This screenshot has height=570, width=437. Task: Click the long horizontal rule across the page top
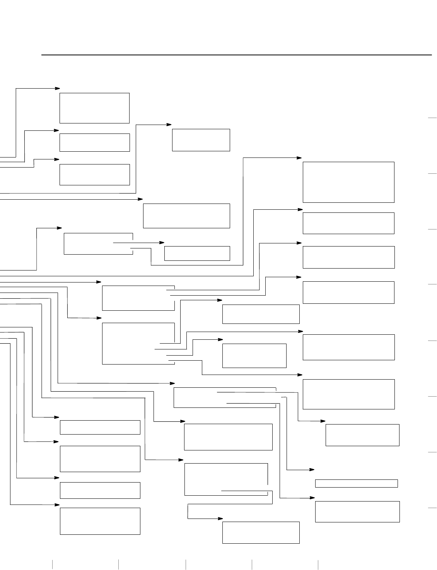(236, 55)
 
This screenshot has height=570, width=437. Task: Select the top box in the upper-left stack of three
(94, 108)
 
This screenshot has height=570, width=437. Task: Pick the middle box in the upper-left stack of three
(94, 142)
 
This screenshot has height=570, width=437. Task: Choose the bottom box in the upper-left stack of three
(94, 175)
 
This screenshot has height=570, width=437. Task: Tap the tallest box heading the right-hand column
(348, 182)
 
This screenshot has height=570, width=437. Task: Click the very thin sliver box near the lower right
(356, 483)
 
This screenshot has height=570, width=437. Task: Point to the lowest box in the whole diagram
(261, 532)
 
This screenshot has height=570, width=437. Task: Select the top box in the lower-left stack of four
(100, 427)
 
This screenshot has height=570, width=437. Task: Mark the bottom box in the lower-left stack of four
(100, 521)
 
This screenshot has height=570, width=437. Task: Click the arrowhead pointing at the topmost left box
(58, 88)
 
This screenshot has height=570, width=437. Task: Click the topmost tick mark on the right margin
(432, 118)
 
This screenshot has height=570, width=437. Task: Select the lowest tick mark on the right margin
(432, 508)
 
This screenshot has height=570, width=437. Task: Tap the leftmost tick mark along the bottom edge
(52, 565)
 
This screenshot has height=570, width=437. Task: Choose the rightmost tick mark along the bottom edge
(318, 565)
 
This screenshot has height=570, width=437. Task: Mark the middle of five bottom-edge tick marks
(186, 565)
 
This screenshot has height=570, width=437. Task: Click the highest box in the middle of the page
(201, 140)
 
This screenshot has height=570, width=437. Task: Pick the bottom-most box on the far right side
(357, 512)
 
